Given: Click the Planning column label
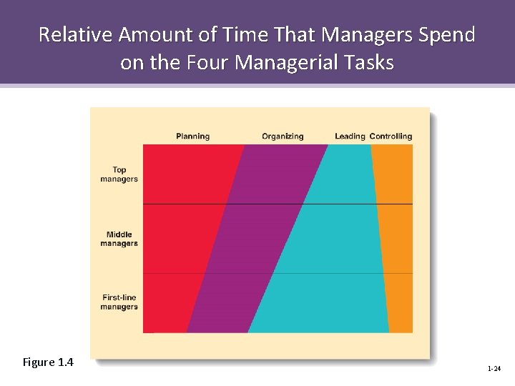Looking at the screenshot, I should pyautogui.click(x=192, y=137).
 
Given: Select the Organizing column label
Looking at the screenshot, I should pyautogui.click(x=283, y=137).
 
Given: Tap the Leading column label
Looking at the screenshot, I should pyautogui.click(x=350, y=137).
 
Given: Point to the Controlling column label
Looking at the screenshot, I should pyautogui.click(x=391, y=137).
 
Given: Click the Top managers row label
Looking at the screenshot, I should pyautogui.click(x=119, y=174).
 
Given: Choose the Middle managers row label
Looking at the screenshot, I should pyautogui.click(x=119, y=239).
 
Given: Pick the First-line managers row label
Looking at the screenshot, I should pyautogui.click(x=119, y=302).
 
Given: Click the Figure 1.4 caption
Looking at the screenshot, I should pyautogui.click(x=48, y=362).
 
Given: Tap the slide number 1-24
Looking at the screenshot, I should pyautogui.click(x=494, y=369).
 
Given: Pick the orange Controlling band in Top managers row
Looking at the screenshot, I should pyautogui.click(x=393, y=174).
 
